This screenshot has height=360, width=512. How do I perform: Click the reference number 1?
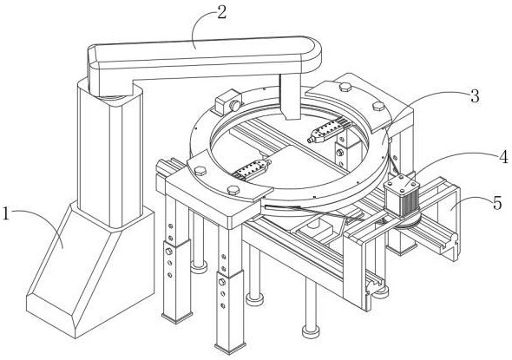click(x=6, y=213)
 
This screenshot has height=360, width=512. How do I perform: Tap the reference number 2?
click(x=221, y=12)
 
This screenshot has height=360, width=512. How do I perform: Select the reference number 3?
click(x=475, y=96)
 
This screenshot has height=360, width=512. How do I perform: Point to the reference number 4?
click(x=503, y=157)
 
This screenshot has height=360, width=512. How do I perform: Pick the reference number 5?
click(x=497, y=203)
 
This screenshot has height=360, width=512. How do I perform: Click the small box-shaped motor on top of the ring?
click(x=228, y=101)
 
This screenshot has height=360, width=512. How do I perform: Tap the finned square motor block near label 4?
click(x=402, y=196)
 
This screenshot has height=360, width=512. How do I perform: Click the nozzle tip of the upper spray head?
click(x=309, y=141)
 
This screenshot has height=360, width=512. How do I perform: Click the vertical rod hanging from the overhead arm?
click(x=291, y=96)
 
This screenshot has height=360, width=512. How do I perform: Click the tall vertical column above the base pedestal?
click(x=110, y=153)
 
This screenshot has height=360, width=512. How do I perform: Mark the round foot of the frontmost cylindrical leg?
click(x=310, y=331)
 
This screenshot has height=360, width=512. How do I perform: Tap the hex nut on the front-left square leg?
click(x=169, y=252)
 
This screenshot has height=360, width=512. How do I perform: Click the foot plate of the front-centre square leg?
click(x=231, y=347)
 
